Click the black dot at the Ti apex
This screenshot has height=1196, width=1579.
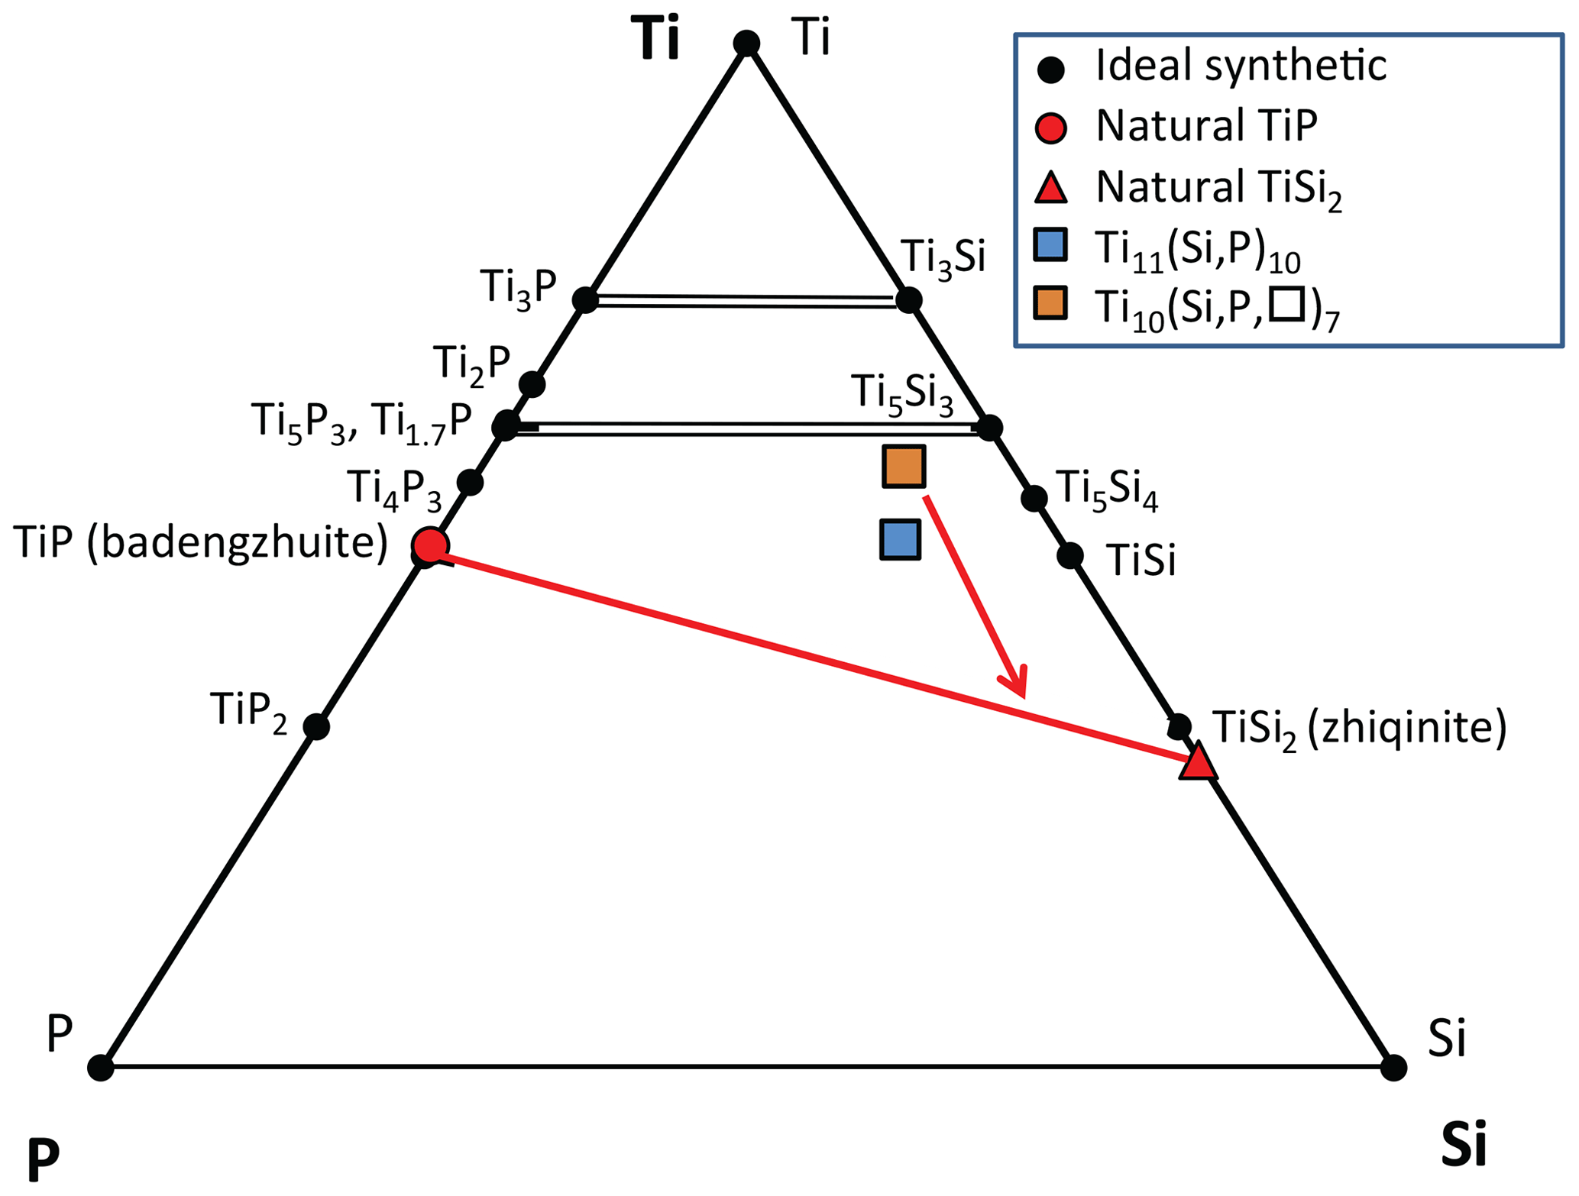click(746, 44)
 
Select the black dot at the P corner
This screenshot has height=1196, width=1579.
click(101, 1067)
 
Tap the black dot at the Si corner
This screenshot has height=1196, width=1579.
click(1393, 1068)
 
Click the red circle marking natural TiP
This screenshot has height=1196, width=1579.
click(430, 545)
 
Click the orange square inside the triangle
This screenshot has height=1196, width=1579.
click(904, 466)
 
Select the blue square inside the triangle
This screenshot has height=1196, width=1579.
click(900, 540)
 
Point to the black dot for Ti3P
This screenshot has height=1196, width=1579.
click(585, 299)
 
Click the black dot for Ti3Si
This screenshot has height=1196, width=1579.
click(908, 299)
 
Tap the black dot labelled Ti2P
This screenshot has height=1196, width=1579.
click(532, 383)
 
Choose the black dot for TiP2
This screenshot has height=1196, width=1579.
click(316, 726)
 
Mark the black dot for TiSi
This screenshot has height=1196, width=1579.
click(1069, 555)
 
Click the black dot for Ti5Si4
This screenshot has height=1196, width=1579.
click(1034, 498)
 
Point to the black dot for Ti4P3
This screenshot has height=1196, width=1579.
click(470, 482)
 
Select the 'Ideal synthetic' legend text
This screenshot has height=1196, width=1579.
click(1241, 66)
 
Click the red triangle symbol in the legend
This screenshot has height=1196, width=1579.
click(1050, 187)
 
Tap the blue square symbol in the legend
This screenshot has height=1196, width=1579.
click(1050, 244)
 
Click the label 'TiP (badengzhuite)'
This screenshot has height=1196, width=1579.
click(200, 544)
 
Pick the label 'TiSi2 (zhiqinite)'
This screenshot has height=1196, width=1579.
click(1360, 729)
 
